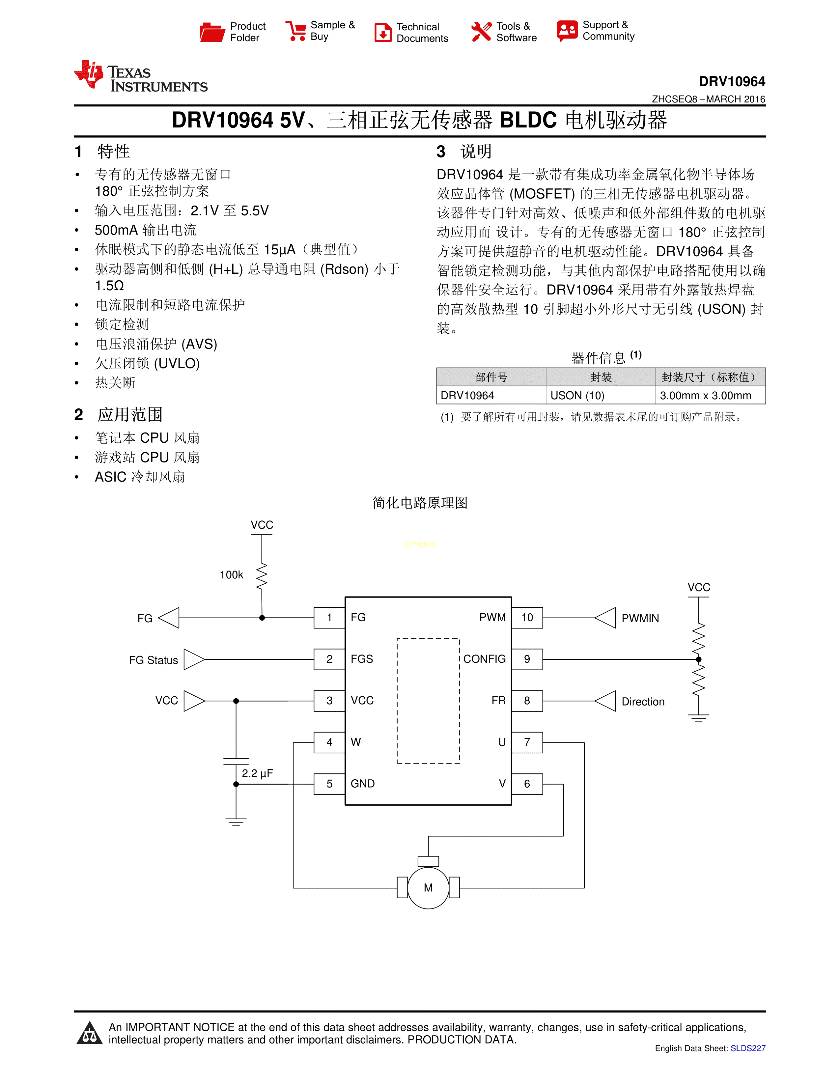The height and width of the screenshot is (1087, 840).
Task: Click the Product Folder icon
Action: (212, 32)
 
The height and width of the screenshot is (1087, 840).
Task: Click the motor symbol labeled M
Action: (428, 887)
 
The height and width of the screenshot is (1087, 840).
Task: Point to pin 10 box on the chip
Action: (527, 618)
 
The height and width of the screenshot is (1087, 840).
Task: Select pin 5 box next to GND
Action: (329, 784)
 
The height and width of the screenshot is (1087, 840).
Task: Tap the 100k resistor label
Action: (231, 575)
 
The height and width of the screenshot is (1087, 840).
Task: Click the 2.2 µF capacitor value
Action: (257, 773)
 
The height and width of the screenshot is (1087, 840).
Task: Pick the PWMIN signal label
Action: (640, 618)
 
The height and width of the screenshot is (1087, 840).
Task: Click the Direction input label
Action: (643, 701)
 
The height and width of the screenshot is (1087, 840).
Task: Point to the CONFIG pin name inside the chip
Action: (484, 659)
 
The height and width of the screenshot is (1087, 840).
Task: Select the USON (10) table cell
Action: (577, 395)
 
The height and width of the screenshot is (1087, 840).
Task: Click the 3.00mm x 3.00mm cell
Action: (705, 395)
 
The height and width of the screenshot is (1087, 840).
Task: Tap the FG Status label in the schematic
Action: (153, 660)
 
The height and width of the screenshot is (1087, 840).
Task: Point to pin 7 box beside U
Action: (527, 742)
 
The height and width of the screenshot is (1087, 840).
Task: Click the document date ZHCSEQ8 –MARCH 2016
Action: (708, 99)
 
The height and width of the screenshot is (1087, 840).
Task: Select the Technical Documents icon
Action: (383, 32)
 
